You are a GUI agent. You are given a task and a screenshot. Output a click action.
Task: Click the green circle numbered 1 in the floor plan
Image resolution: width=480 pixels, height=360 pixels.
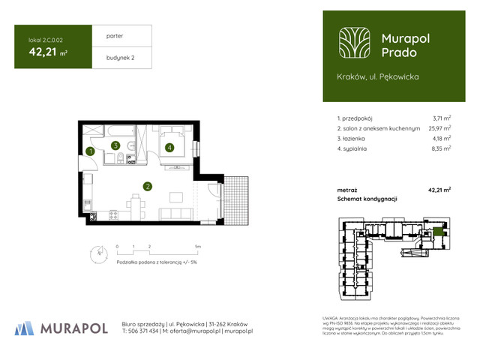pos(89,151)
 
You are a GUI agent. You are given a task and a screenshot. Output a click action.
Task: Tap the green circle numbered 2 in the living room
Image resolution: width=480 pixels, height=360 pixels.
pos(148,187)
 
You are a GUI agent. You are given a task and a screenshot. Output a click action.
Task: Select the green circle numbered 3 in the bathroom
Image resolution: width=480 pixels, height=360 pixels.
pos(115,146)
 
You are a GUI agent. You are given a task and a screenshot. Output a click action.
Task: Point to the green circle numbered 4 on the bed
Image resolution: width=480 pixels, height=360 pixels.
pos(170,148)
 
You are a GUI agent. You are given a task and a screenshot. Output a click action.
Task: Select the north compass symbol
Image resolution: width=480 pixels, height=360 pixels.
pos(95,253)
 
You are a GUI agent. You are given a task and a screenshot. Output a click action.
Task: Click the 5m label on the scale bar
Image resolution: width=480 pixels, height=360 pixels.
pos(196,245)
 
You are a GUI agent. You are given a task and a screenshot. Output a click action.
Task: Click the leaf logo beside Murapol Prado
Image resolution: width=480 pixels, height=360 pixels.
pos(352,44)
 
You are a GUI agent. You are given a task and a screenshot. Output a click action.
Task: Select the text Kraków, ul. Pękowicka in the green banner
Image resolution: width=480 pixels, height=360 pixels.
pos(378,76)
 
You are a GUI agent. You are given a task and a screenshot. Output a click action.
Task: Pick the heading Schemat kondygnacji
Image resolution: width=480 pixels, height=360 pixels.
pos(367,199)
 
